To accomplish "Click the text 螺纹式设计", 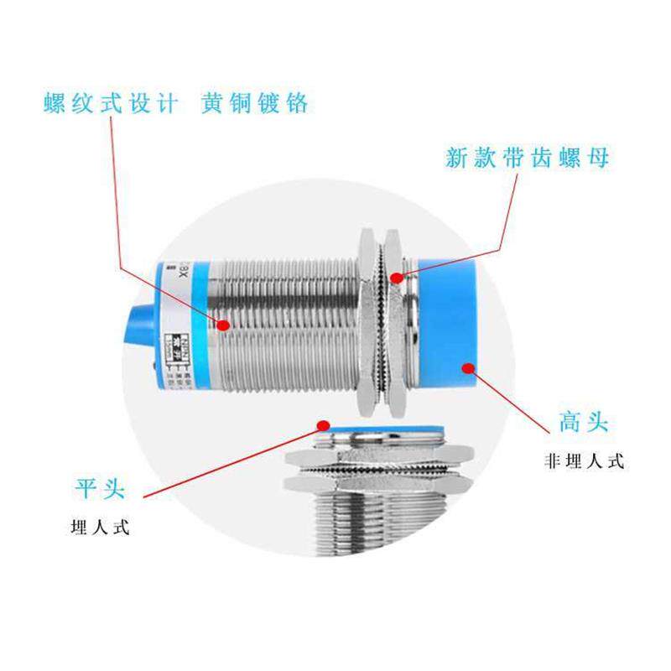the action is (x=111, y=103).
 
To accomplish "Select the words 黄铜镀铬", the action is (x=255, y=103).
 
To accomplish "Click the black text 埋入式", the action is (x=101, y=529).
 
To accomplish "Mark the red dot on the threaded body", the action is (x=224, y=324).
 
